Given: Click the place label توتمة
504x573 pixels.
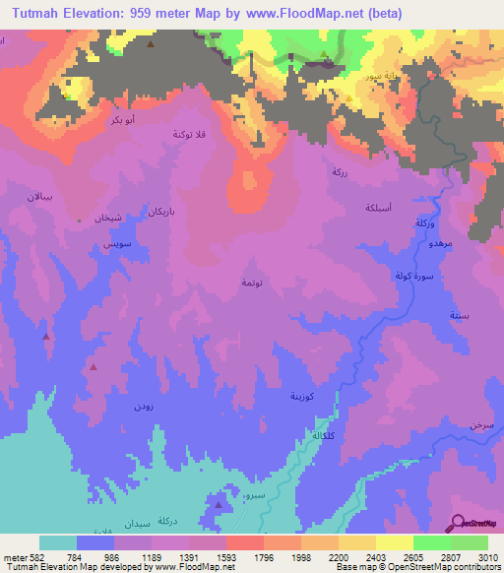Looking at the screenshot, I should pyautogui.click(x=251, y=283).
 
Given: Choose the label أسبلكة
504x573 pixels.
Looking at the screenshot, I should pyautogui.click(x=380, y=208).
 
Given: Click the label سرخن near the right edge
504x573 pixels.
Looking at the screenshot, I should pyautogui.click(x=481, y=424).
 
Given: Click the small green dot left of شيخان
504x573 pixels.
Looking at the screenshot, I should pyautogui.click(x=80, y=221).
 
